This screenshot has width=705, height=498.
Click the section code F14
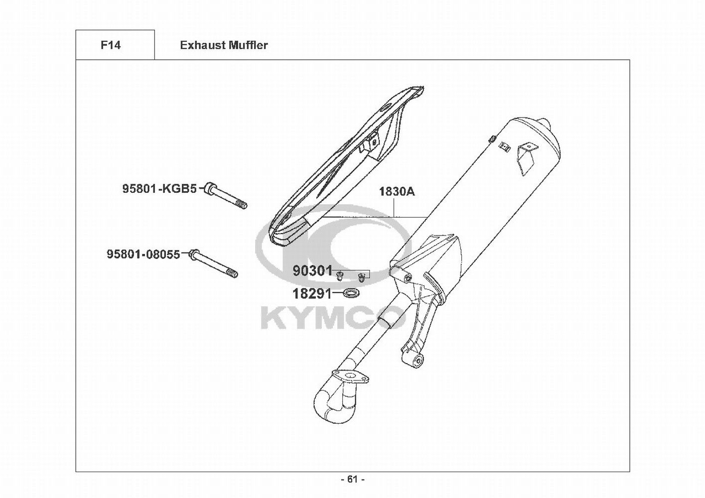(110, 45)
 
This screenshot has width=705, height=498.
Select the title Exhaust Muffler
(224, 45)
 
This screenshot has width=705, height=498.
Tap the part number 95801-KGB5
(159, 189)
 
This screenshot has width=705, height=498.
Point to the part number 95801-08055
(143, 254)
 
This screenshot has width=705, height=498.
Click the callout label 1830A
(397, 191)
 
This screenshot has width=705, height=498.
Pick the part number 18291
(312, 293)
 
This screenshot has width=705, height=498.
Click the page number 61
(353, 479)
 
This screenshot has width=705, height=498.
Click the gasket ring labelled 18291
(353, 292)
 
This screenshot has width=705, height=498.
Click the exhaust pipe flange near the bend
(352, 376)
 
